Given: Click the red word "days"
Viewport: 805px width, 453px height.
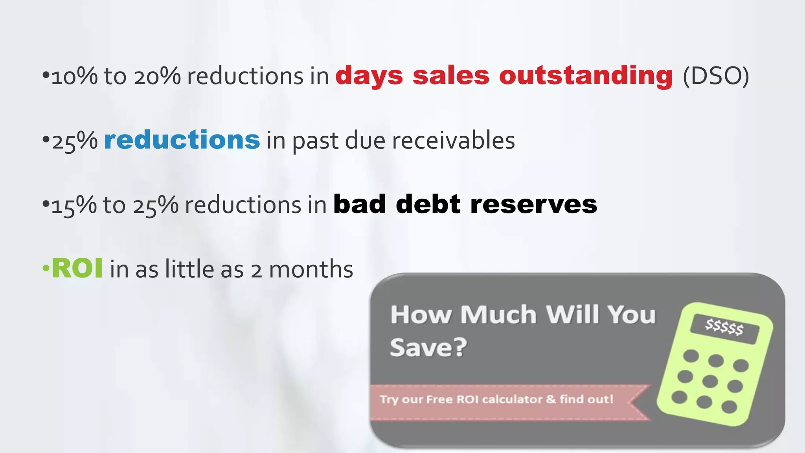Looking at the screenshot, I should pos(369,75).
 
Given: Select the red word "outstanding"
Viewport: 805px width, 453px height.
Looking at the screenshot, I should pos(586,75).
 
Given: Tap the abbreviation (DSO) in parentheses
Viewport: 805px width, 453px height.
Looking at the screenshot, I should pos(716,76).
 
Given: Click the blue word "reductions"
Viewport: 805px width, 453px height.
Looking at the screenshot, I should pos(182,140).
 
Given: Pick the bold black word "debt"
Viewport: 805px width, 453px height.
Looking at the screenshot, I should pos(428,204).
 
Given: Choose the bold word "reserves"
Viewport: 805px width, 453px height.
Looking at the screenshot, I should pos(533,204).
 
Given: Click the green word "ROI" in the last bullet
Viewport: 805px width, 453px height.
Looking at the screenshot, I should pos(77,269).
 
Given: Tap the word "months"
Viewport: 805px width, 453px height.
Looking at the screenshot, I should pos(311,269).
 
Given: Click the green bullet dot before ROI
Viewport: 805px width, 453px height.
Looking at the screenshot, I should pos(46,269).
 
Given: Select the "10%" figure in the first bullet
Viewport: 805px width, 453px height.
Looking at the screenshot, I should pos(74,76).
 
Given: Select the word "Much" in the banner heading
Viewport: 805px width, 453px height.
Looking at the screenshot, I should pos(498,315).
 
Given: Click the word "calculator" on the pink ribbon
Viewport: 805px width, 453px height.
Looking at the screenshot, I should pos(512,400).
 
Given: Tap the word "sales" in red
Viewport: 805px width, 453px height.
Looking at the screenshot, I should pos(451,75).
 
